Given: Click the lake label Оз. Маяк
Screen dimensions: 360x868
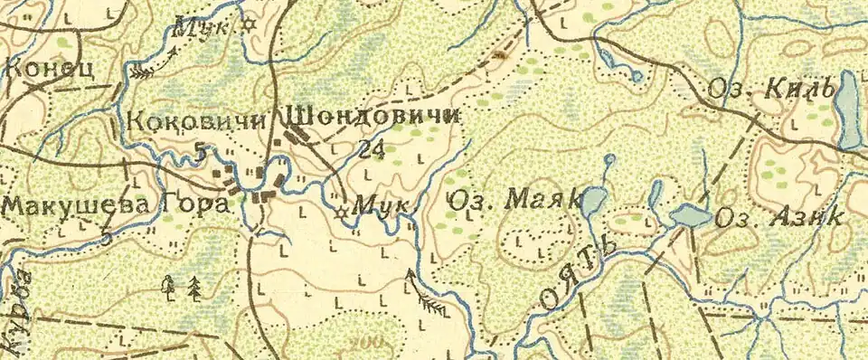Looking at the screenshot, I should (514, 201).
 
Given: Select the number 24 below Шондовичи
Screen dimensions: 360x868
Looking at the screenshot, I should (370, 149).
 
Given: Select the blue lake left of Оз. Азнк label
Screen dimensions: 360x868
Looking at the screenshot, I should (690, 217).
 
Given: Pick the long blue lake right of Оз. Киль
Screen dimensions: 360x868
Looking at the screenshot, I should (849, 110).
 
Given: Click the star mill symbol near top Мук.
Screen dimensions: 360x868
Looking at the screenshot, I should (249, 26).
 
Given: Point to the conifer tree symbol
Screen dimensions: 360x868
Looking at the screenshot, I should (194, 289).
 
